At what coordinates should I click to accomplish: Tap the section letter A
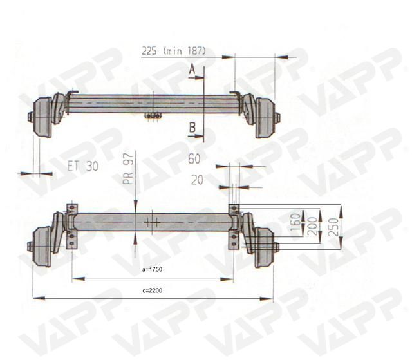(192, 70)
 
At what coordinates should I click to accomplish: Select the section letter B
(192, 129)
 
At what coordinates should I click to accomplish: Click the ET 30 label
(82, 166)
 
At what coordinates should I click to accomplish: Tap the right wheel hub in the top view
(265, 118)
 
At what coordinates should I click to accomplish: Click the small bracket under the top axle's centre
(153, 116)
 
